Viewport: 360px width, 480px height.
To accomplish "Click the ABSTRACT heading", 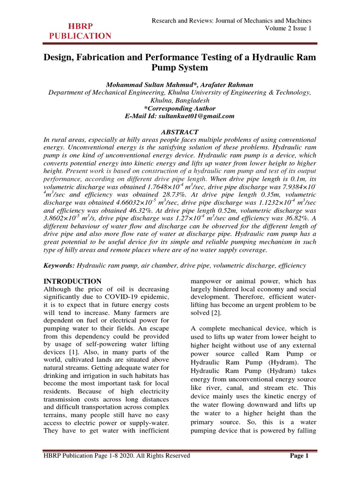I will [x=180, y=132].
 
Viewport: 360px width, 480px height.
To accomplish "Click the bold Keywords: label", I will [x=59, y=265].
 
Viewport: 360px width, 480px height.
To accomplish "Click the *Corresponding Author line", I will [x=180, y=108].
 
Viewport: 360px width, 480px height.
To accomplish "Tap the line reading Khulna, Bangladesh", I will [x=180, y=100].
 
